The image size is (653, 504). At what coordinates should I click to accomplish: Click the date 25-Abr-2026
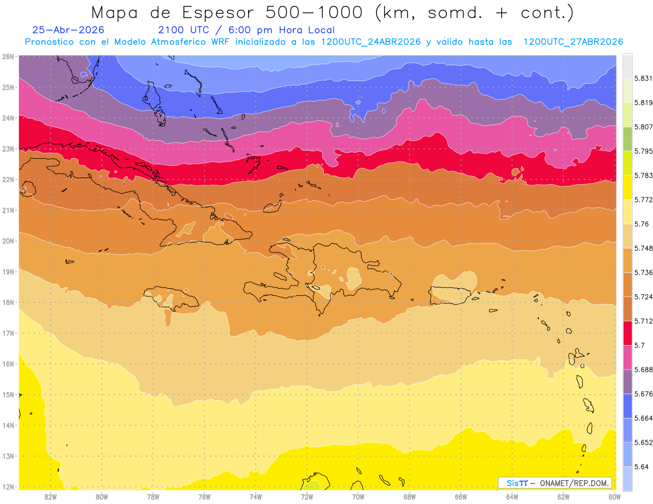(68, 30)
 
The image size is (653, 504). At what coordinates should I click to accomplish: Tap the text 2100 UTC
(183, 30)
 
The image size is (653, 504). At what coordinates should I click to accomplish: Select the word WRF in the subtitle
(220, 42)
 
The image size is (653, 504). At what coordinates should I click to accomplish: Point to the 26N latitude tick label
(8, 57)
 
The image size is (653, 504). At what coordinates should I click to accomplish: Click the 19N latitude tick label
(8, 272)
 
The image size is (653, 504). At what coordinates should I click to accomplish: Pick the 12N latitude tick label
(8, 487)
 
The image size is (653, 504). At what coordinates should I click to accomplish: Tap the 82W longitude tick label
(51, 497)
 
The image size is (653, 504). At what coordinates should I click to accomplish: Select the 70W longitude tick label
(358, 497)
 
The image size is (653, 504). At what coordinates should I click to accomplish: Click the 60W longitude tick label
(614, 497)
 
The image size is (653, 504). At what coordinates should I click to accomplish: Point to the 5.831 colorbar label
(643, 78)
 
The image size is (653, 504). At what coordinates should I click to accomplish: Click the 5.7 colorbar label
(639, 345)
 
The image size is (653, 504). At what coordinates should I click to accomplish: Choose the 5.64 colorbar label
(641, 467)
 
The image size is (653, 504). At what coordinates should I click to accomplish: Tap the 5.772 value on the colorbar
(643, 200)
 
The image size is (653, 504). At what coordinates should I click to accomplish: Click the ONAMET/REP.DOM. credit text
(574, 483)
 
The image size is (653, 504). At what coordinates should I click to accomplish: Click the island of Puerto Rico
(449, 295)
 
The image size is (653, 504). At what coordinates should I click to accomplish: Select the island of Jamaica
(171, 298)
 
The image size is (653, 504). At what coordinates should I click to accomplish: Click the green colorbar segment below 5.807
(627, 139)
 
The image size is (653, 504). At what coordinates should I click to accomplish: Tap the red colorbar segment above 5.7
(627, 333)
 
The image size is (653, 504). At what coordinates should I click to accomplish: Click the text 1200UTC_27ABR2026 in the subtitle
(573, 42)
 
